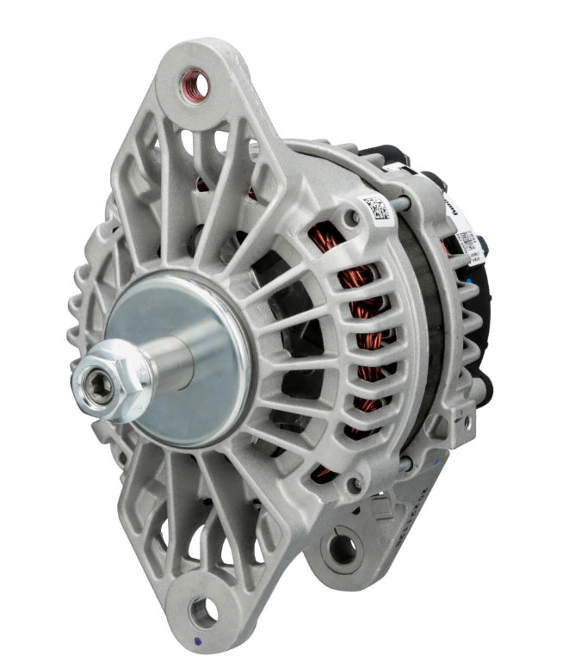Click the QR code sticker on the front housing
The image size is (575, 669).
coord(376,209)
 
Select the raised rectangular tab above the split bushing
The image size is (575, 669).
coord(384,509)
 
